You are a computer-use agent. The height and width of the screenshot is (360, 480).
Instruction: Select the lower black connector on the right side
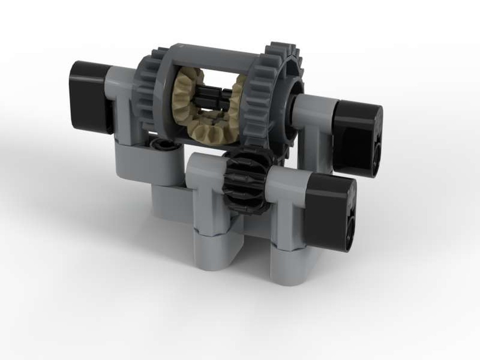[x=331, y=211]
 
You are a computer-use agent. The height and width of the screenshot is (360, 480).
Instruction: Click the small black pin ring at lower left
[x=158, y=144]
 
